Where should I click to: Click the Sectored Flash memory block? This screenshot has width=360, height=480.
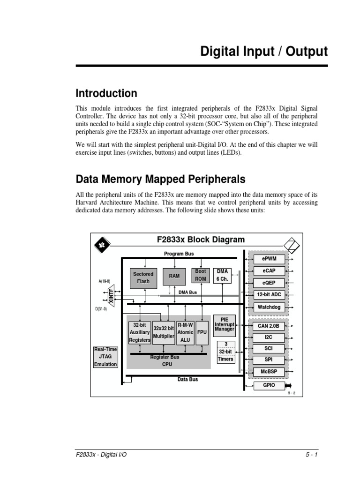coord(143,278)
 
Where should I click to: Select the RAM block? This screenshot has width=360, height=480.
coord(174,277)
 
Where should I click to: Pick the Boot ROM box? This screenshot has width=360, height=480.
coord(201,275)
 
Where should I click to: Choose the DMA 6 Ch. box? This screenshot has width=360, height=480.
coord(222,275)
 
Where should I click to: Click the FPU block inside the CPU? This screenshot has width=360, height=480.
coord(202,332)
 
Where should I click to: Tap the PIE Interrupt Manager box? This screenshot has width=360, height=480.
coord(225,325)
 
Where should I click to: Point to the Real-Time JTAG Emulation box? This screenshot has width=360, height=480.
coord(105,357)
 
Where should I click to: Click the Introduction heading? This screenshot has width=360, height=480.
coord(106,93)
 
